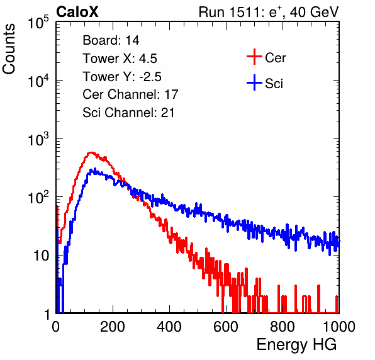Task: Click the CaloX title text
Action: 77,12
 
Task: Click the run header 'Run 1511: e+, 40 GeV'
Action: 269,12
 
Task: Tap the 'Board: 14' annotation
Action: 111,40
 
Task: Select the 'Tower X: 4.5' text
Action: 120,59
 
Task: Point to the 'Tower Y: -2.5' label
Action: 122,77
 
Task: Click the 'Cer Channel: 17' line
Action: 130,94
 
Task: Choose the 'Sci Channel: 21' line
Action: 128,113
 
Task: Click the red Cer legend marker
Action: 254,57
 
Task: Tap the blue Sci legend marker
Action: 254,83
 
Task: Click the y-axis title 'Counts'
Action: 9,49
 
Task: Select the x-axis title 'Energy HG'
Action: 296,345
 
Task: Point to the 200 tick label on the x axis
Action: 113,327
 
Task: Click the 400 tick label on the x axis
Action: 169,327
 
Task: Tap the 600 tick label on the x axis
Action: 226,327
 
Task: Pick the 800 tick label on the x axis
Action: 283,327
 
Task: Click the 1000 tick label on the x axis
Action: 339,327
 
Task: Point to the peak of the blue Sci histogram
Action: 95,169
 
